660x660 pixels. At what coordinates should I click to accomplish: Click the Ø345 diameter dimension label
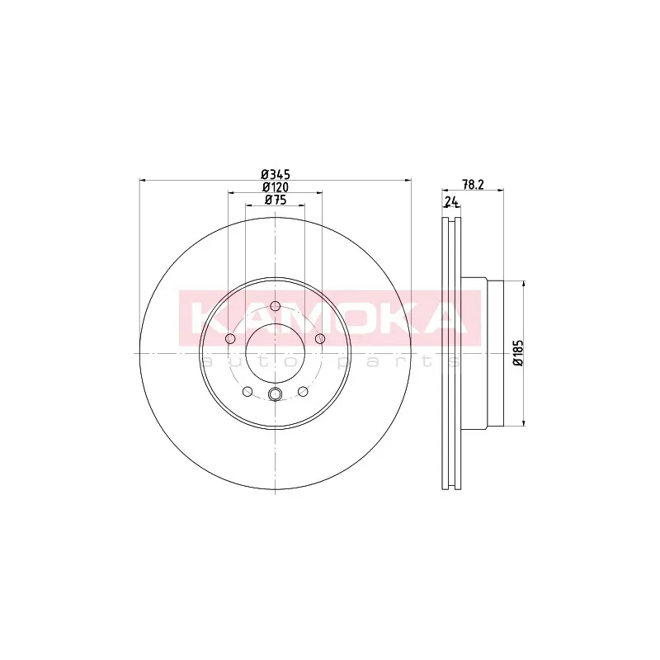point(276,174)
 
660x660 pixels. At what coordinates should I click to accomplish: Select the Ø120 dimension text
point(276,187)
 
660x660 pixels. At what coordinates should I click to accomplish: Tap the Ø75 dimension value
point(276,200)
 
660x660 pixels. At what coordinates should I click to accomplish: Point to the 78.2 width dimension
point(473,184)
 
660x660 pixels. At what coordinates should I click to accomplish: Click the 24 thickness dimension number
point(450,202)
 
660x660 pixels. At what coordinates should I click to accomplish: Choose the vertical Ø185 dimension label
point(518,353)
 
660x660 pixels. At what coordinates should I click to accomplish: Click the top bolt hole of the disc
point(275,306)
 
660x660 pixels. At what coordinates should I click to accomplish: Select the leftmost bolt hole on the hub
point(230,338)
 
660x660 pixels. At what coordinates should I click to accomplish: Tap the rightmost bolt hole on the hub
point(320,338)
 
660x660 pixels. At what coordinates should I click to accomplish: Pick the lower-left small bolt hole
point(247,391)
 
